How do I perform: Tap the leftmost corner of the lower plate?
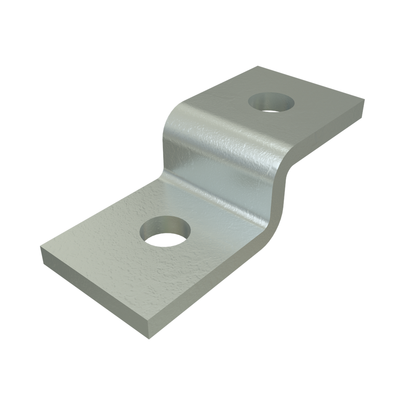(41, 247)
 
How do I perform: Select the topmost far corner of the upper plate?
(258, 66)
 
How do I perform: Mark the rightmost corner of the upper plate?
(364, 100)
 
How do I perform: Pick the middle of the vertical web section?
(221, 158)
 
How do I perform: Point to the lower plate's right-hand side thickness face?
(206, 293)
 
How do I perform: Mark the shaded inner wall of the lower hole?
(166, 224)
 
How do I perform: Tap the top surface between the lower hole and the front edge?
(131, 277)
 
